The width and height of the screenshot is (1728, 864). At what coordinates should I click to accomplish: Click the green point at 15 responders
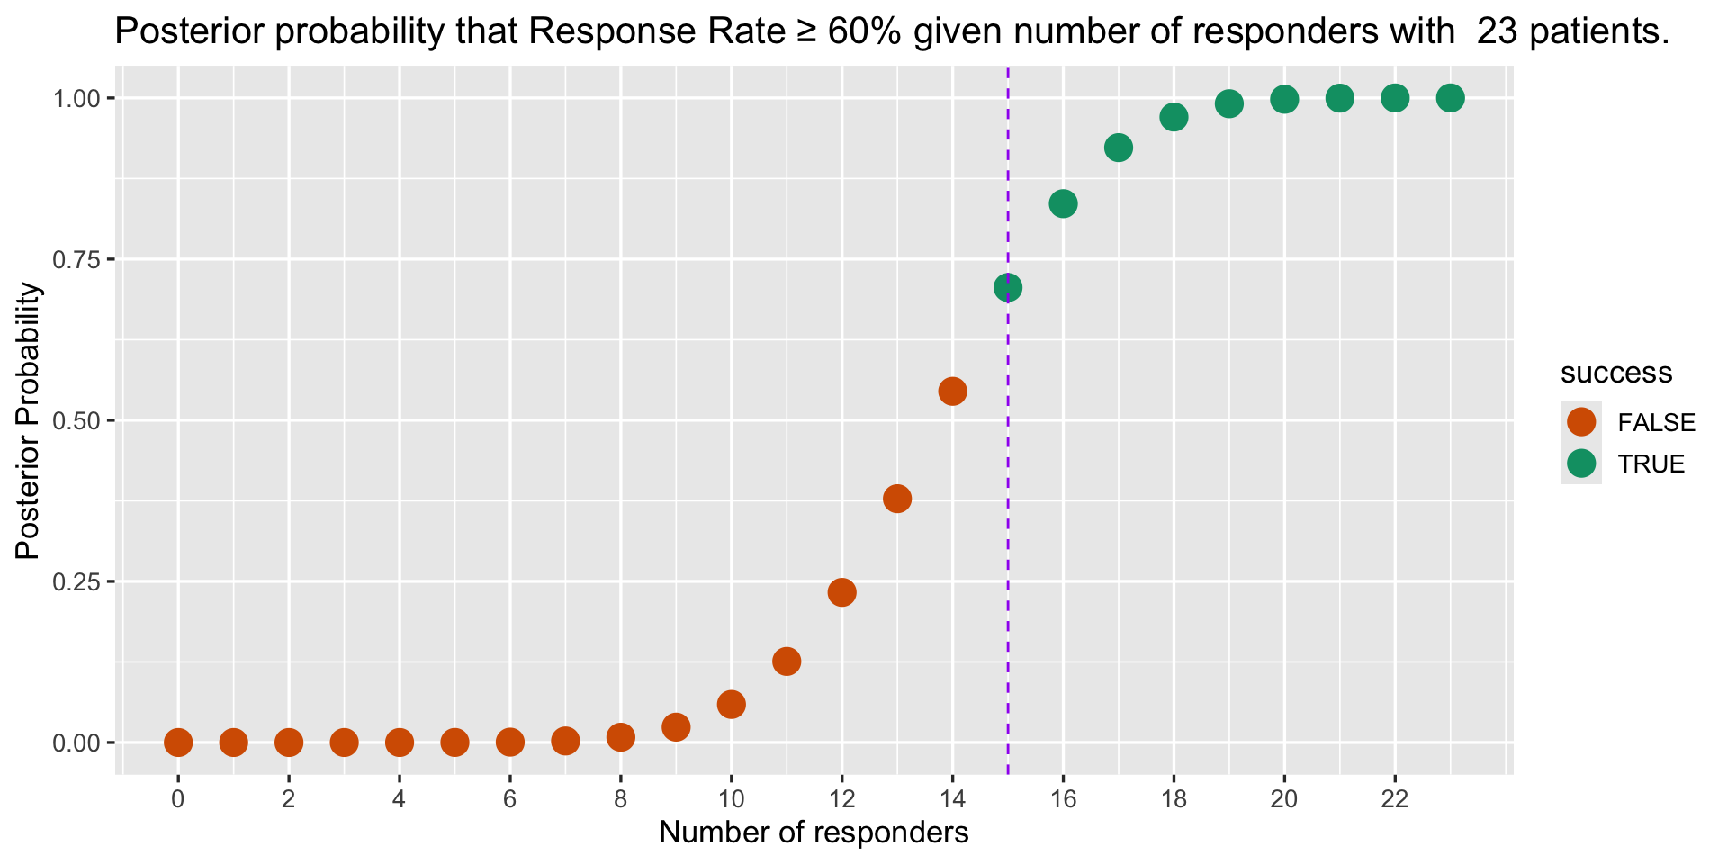(1007, 288)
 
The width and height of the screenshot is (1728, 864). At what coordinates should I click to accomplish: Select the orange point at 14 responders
(952, 391)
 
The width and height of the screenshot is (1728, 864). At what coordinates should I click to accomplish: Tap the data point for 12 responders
(841, 592)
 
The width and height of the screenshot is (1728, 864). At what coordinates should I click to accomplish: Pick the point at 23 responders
(1450, 97)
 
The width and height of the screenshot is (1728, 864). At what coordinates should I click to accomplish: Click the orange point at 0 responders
(178, 742)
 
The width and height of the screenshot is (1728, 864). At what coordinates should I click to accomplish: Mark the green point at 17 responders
(1118, 148)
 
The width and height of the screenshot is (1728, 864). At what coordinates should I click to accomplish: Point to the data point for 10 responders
(731, 704)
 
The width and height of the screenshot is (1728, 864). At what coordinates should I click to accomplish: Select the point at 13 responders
(897, 498)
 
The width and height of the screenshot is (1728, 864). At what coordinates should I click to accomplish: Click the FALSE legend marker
(1580, 421)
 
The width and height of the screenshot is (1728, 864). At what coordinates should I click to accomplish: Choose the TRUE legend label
(1651, 464)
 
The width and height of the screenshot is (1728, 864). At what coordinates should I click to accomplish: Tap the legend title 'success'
(1616, 373)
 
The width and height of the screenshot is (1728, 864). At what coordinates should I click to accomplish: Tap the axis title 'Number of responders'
(814, 832)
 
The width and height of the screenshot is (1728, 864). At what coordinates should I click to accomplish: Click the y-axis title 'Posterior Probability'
(29, 420)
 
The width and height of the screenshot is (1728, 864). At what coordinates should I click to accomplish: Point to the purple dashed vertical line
(1007, 540)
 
